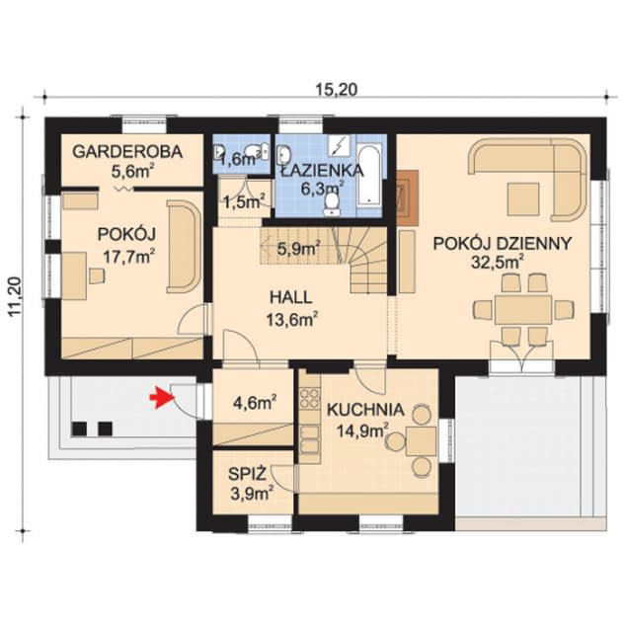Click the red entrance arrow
163,398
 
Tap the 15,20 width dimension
337,90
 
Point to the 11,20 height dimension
16,297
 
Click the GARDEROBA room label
127,152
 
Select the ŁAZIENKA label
322,171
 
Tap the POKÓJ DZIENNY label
503,243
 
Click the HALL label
290,298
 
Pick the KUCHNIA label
365,410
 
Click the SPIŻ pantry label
247,474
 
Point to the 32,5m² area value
498,262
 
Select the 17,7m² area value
129,257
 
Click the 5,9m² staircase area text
298,248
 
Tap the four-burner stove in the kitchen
309,398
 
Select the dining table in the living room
523,310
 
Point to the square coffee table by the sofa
523,199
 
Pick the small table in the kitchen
421,440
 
